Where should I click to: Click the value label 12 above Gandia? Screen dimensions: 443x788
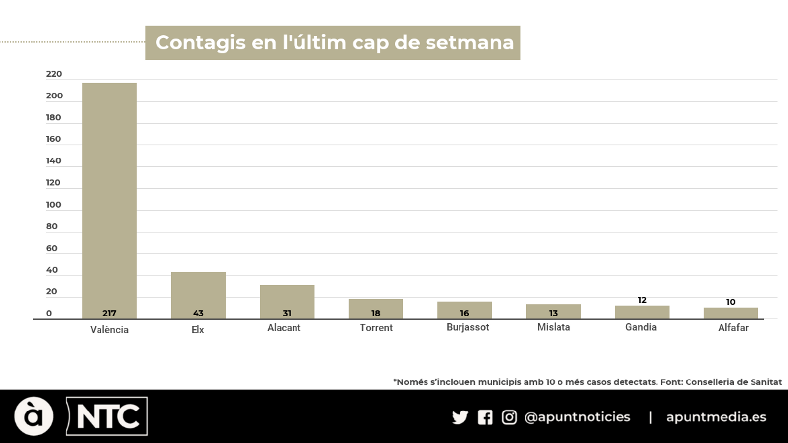[642, 300]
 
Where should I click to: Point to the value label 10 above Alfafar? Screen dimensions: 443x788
[731, 302]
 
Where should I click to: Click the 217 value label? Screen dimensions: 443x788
[109, 313]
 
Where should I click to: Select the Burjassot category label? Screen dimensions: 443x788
[467, 327]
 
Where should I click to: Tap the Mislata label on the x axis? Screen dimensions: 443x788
[554, 327]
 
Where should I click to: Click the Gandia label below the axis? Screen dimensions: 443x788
[641, 327]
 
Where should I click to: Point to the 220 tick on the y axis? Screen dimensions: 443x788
[54, 74]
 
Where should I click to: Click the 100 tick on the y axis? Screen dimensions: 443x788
[53, 205]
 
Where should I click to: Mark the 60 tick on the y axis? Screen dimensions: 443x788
[52, 248]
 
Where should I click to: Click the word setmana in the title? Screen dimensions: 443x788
[469, 43]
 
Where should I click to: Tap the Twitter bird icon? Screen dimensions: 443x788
[460, 417]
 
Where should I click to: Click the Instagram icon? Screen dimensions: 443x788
[509, 417]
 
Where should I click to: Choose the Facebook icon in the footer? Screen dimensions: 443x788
[485, 417]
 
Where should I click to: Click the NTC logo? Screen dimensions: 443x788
[107, 416]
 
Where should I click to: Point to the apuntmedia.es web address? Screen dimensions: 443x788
[716, 417]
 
